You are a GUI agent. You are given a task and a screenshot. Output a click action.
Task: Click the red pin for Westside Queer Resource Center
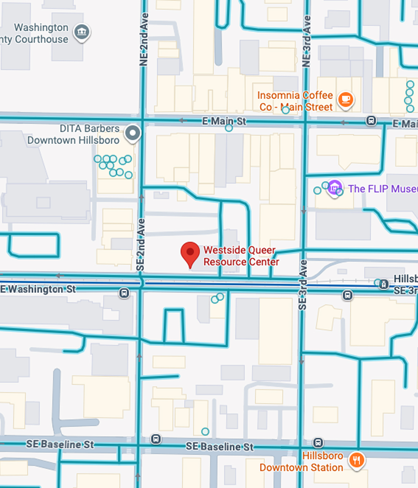[x=190, y=253]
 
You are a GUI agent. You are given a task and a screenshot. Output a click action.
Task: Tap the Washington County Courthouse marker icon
[x=82, y=32]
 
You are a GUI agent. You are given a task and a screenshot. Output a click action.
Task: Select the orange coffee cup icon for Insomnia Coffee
[x=345, y=100]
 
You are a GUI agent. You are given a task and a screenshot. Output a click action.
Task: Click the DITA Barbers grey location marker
[x=133, y=132]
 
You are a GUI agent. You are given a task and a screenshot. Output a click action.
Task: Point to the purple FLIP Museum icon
[x=334, y=188]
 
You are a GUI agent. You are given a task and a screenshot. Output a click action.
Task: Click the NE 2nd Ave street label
[x=144, y=40]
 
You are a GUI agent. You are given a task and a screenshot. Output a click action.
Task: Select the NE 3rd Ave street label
[x=306, y=41]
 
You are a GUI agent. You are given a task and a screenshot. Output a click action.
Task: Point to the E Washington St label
[x=38, y=289]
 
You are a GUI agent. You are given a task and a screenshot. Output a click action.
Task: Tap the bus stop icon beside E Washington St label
[x=124, y=293]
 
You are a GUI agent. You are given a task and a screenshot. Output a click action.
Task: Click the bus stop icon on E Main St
[x=371, y=121]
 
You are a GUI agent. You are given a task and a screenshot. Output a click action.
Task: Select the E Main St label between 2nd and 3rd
[x=224, y=121]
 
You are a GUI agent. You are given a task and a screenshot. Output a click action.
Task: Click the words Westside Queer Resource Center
[x=241, y=256]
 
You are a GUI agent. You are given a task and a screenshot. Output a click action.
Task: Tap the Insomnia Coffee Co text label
[x=295, y=101]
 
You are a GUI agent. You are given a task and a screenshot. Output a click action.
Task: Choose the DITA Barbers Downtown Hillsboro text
[x=74, y=134]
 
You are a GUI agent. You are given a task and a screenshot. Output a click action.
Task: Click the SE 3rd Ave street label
[x=302, y=285]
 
